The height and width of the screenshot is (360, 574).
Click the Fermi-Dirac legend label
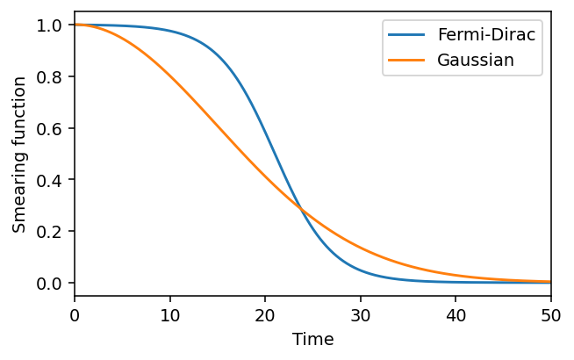click(x=487, y=36)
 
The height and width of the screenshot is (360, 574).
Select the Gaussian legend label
click(x=475, y=61)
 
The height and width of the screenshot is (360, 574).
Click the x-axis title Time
click(x=312, y=340)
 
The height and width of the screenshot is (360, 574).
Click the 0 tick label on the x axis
click(x=75, y=313)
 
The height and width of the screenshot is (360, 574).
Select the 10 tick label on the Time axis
click(x=169, y=313)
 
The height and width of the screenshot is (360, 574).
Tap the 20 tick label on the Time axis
click(x=265, y=313)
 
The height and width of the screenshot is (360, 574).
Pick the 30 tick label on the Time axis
click(x=361, y=313)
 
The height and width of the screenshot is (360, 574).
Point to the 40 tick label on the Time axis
click(x=456, y=313)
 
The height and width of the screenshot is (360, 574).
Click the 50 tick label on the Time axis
click(x=551, y=313)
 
